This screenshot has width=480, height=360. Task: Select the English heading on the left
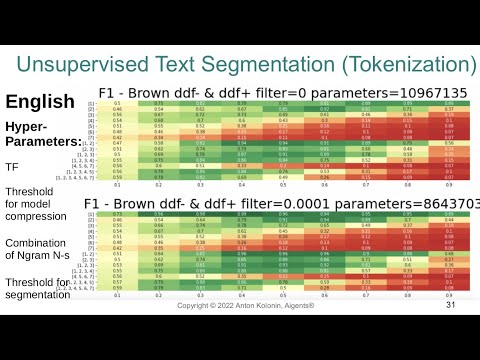click(x=40, y=101)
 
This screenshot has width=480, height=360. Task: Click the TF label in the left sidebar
click(x=13, y=168)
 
